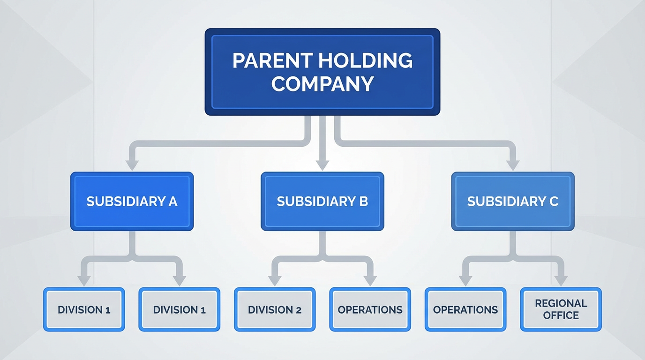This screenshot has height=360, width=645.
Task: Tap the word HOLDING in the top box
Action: (x=367, y=61)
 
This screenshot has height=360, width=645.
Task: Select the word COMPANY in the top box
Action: (x=322, y=83)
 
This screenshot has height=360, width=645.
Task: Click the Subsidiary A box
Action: (x=132, y=202)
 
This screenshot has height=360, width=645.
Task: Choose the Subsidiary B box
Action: (x=322, y=202)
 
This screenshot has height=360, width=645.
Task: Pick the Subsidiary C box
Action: (x=513, y=202)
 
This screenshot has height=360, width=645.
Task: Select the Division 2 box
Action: (x=275, y=310)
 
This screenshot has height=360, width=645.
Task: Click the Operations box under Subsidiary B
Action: (x=370, y=310)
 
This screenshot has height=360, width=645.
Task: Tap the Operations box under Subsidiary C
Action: (x=465, y=310)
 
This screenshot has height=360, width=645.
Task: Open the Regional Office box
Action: (x=561, y=309)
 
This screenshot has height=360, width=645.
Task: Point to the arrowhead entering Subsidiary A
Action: (x=132, y=165)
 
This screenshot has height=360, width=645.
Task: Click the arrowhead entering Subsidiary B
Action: (x=322, y=165)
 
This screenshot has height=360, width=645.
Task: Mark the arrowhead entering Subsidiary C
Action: (x=513, y=165)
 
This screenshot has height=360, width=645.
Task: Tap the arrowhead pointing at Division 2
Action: (x=275, y=280)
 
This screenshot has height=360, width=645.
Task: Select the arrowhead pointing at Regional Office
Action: (x=561, y=280)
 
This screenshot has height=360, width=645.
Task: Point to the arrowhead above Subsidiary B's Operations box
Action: (x=370, y=280)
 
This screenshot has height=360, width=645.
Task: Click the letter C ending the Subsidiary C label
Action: (x=554, y=202)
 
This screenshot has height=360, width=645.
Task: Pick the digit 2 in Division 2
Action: (x=298, y=310)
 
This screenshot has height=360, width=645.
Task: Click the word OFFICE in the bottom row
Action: (x=561, y=315)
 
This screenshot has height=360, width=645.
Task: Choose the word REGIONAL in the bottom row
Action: (x=561, y=303)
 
